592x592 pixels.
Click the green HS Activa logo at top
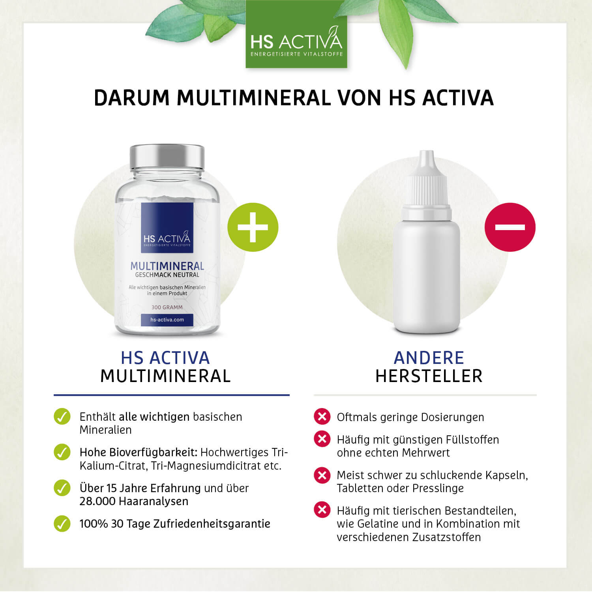pos(296,34)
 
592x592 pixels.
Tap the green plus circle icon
pos(253,227)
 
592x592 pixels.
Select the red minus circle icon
pos(510,227)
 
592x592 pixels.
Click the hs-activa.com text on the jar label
pos(167,320)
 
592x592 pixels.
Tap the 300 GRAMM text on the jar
pos(167,307)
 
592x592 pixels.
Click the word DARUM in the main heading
pos(132,98)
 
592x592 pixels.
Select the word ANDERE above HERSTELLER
pos(429,358)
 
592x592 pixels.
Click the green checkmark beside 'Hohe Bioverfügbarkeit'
pos(62,452)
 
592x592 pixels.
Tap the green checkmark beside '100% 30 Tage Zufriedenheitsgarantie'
pos(62,524)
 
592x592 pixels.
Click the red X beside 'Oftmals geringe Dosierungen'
pos(322,416)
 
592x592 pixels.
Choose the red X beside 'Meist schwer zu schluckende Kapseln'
pos(322,475)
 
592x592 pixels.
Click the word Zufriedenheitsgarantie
pos(212,524)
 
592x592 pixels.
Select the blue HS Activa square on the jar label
pos(167,228)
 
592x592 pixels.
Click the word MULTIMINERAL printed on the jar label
pos(167,266)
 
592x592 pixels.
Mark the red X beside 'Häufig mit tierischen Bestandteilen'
pos(322,510)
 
